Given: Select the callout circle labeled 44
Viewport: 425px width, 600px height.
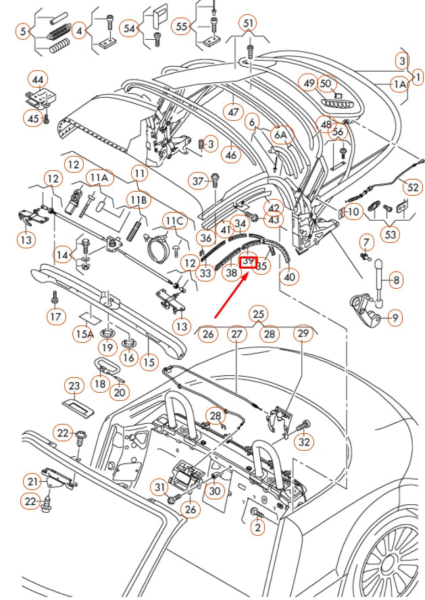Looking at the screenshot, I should [38, 80].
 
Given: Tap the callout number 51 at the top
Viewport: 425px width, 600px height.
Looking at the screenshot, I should [249, 24].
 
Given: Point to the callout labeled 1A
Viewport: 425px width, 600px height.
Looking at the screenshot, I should [399, 84].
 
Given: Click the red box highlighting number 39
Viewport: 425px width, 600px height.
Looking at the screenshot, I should [249, 261].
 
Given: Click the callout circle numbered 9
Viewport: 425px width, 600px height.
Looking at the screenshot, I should [394, 315].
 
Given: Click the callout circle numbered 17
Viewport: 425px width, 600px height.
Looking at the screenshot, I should [55, 315].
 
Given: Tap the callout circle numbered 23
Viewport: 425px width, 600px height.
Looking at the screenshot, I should [73, 385].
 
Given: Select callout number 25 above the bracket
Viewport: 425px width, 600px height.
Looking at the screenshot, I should [257, 314].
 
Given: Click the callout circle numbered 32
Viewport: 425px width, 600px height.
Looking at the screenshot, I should [305, 442].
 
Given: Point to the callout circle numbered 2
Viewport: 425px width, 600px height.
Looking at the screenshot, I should [256, 528].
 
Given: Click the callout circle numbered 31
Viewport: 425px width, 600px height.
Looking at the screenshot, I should [158, 487].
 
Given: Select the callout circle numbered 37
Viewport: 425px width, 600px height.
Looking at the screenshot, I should [198, 181].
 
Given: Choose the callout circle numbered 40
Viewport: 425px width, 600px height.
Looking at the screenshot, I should [289, 276].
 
